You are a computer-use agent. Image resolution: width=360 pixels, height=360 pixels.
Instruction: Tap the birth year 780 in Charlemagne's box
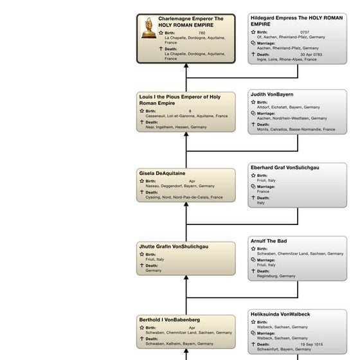(x=202, y=33)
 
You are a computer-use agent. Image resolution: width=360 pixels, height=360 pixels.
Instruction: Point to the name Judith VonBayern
(x=271, y=94)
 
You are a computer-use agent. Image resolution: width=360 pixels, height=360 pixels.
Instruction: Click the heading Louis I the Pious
(x=179, y=100)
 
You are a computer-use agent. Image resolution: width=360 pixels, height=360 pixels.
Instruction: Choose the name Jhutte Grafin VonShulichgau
(x=178, y=246)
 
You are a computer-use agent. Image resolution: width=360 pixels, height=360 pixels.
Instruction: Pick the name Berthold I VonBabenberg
(x=169, y=319)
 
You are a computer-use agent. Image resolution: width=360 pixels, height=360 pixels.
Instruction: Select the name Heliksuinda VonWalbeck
(x=280, y=314)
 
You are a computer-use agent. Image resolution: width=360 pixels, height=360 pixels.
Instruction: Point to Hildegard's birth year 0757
(x=305, y=32)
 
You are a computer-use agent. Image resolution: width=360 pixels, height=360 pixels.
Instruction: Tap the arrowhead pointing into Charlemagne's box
(x=186, y=66)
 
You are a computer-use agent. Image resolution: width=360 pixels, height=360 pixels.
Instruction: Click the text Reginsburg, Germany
(x=276, y=276)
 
